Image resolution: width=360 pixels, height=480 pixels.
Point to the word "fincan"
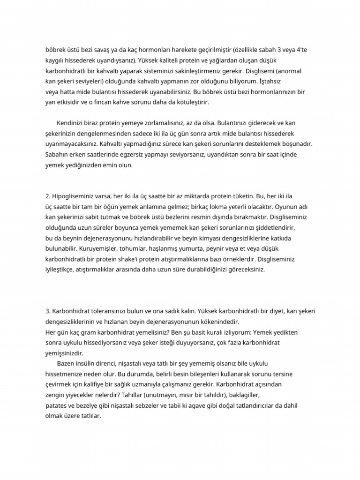[x=110, y=102]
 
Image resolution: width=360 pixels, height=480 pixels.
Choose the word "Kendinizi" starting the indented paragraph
[x=72, y=124]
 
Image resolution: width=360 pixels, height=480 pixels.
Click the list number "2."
[x=48, y=196]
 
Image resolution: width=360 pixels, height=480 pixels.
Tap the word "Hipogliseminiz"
[x=74, y=196]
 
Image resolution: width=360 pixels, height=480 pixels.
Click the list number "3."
[x=48, y=311]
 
